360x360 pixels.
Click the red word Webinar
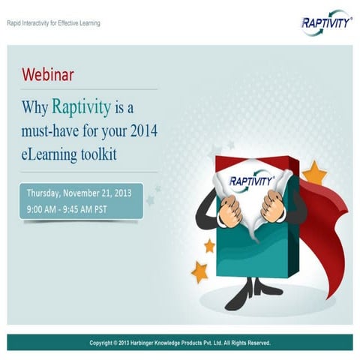click(x=49, y=74)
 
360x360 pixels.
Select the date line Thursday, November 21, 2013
click(x=78, y=193)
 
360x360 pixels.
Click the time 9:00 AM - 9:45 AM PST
click(x=67, y=209)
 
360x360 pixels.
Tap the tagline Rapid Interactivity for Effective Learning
click(x=53, y=23)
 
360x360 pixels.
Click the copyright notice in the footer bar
click(x=180, y=343)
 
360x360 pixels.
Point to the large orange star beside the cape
click(x=314, y=173)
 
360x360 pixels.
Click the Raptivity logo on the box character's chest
click(x=252, y=181)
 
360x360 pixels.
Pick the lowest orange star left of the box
click(x=199, y=271)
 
